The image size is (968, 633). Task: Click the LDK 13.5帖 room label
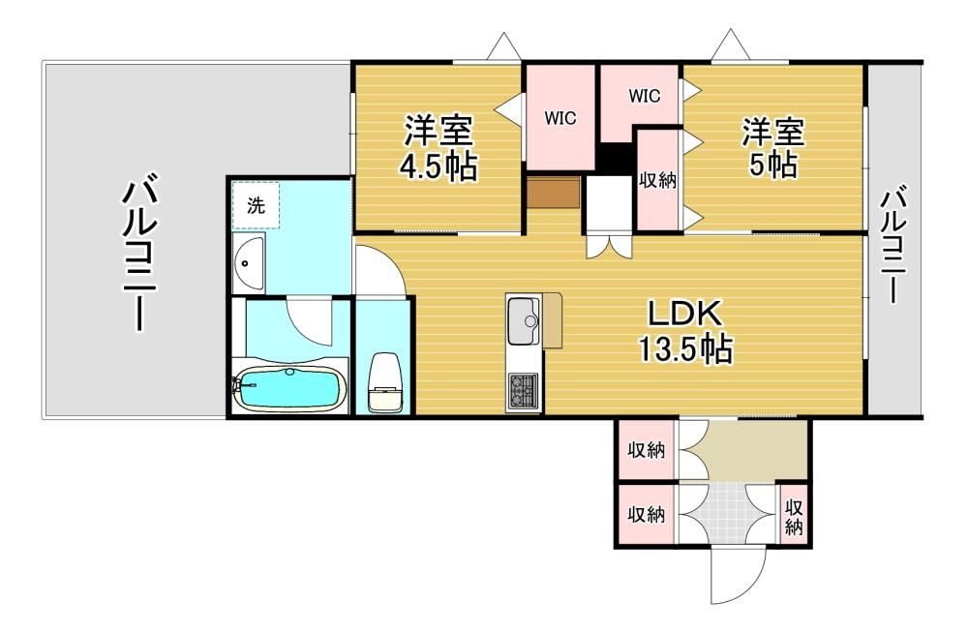(685, 332)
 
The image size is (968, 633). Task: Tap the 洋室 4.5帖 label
(439, 147)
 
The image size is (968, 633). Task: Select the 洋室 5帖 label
(772, 147)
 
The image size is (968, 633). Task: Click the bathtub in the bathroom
(287, 388)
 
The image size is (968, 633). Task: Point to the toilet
(385, 382)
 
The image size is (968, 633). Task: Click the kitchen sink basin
(524, 322)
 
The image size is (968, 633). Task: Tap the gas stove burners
(523, 391)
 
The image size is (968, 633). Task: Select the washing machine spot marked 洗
(256, 205)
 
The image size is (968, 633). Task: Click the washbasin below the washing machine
(248, 263)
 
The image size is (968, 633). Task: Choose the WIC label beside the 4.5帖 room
(560, 117)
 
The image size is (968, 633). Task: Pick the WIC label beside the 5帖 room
(644, 96)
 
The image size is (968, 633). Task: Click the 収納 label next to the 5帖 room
(657, 180)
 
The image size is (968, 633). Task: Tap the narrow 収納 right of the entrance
(794, 518)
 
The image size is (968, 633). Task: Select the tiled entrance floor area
(729, 513)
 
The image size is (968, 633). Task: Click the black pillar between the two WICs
(616, 158)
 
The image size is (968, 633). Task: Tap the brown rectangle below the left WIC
(553, 193)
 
